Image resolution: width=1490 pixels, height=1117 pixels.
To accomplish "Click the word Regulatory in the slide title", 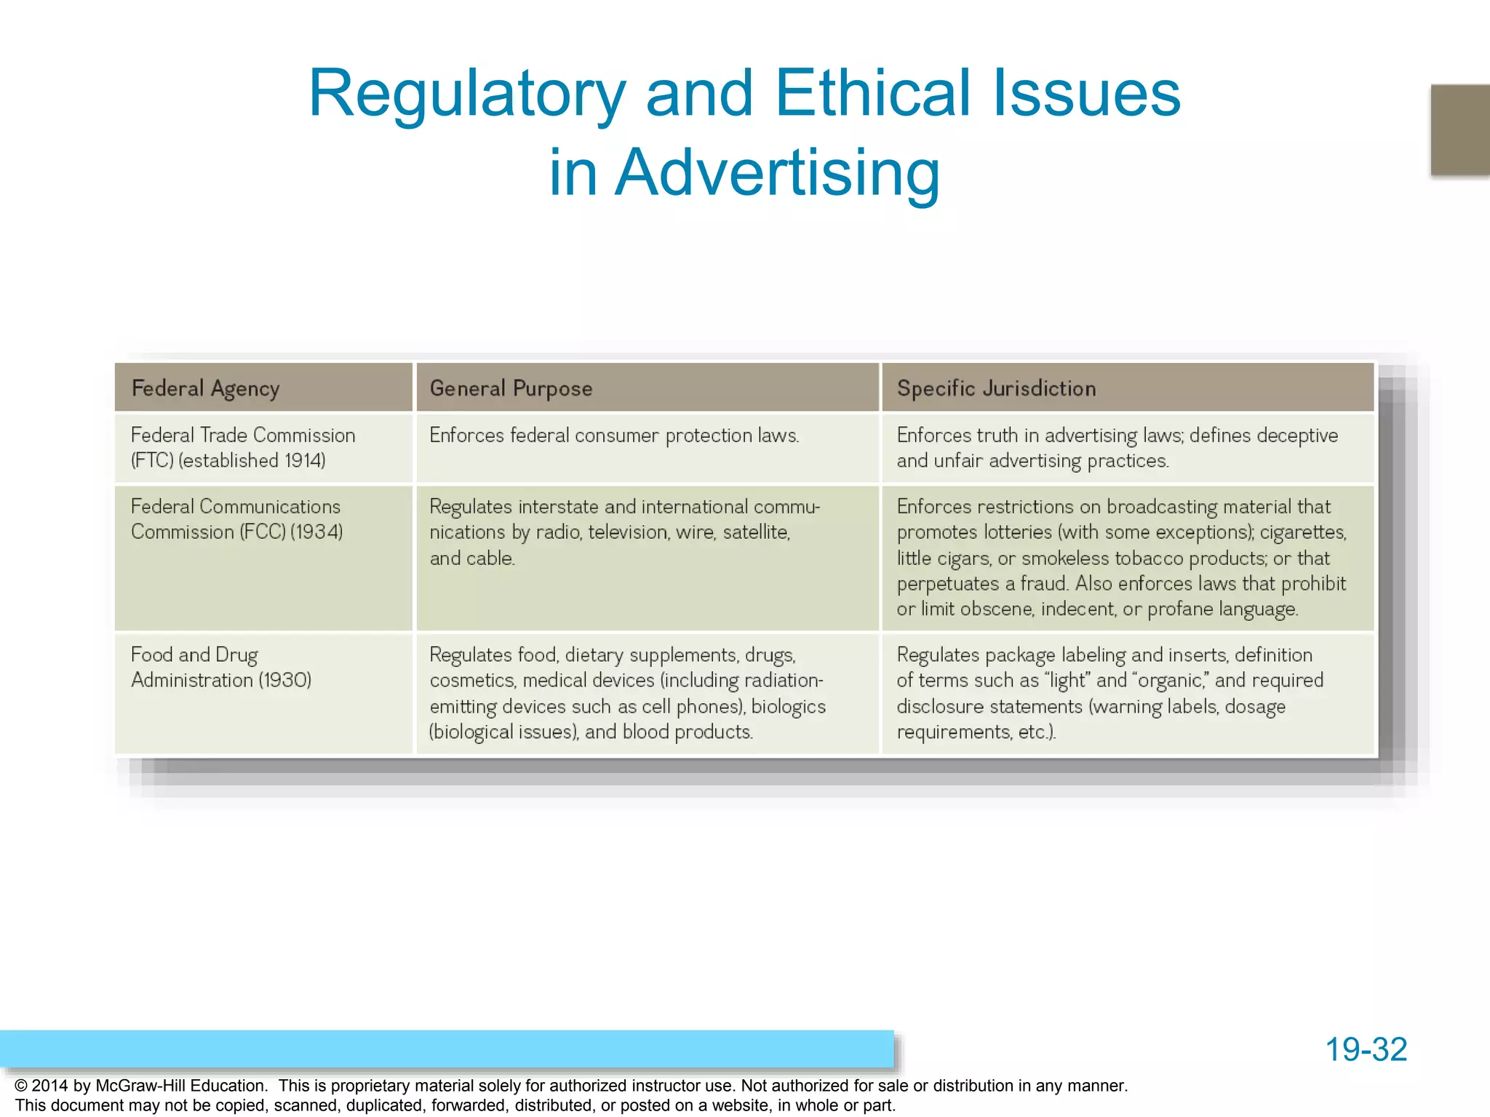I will [466, 95].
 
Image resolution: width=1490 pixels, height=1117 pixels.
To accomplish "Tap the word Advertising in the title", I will [777, 173].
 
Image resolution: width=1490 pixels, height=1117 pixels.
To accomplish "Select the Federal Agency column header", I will [205, 388].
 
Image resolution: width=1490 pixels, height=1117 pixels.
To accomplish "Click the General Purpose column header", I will [511, 388].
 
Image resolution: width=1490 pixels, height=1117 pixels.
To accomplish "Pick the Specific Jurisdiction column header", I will [996, 388].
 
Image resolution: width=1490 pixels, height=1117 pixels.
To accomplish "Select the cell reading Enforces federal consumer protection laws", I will [614, 436].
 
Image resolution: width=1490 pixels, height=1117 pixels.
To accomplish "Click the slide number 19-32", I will [1366, 1049].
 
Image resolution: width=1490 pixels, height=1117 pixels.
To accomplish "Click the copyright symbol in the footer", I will [21, 1086].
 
